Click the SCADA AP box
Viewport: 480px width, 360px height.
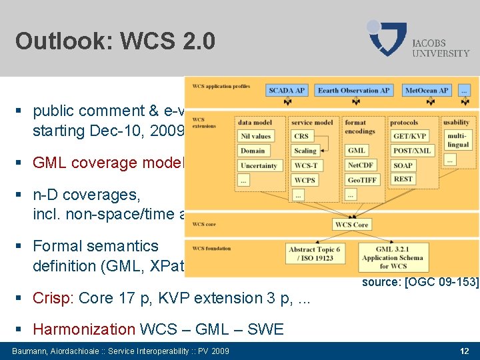point(287,91)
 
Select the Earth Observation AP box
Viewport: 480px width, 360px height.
point(353,91)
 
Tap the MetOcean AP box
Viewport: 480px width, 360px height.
point(427,91)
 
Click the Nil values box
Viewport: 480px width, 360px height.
point(257,137)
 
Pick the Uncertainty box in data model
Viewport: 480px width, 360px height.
point(259,165)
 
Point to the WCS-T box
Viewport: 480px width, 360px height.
point(306,165)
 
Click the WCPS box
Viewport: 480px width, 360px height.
point(305,180)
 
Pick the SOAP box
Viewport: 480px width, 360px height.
point(403,165)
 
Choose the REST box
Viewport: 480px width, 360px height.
point(403,179)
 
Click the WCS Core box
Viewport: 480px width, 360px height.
point(351,225)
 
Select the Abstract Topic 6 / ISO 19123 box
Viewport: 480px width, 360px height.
point(314,254)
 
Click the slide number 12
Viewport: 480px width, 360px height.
point(464,351)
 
